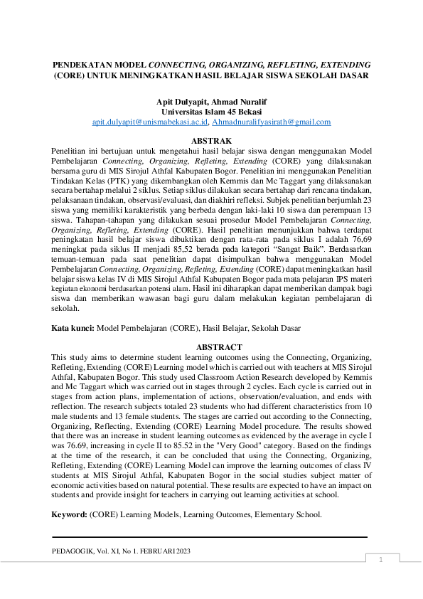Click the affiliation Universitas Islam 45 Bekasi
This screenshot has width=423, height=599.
tap(211, 112)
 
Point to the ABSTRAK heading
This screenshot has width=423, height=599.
tap(211, 142)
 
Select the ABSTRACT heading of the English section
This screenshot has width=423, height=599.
tap(211, 347)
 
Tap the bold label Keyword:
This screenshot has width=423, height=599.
tap(70, 514)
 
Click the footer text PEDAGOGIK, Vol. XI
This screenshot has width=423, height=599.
tap(92, 551)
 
